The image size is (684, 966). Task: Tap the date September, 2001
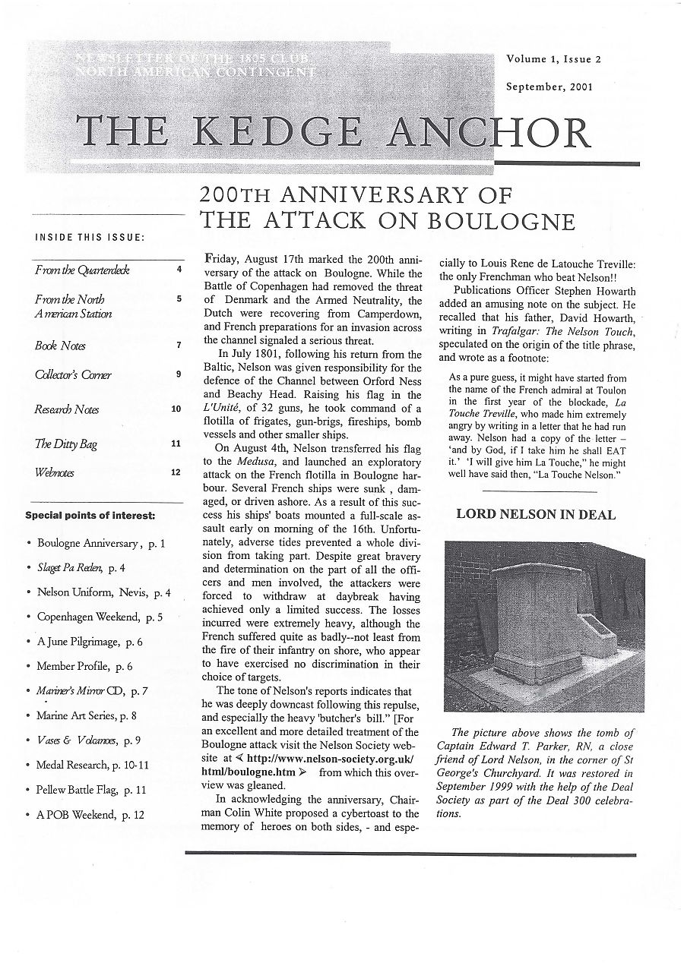549,87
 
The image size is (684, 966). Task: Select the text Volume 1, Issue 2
548,59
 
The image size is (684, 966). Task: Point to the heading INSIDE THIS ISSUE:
90,238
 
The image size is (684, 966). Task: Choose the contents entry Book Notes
60,346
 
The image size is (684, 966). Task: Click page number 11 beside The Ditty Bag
176,444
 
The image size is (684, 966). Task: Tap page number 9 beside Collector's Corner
178,374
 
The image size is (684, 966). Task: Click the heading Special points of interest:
90,516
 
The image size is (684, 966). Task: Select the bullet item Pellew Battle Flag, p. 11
91,790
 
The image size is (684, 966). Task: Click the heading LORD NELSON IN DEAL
536,514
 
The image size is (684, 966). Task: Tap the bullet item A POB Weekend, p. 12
90,815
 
